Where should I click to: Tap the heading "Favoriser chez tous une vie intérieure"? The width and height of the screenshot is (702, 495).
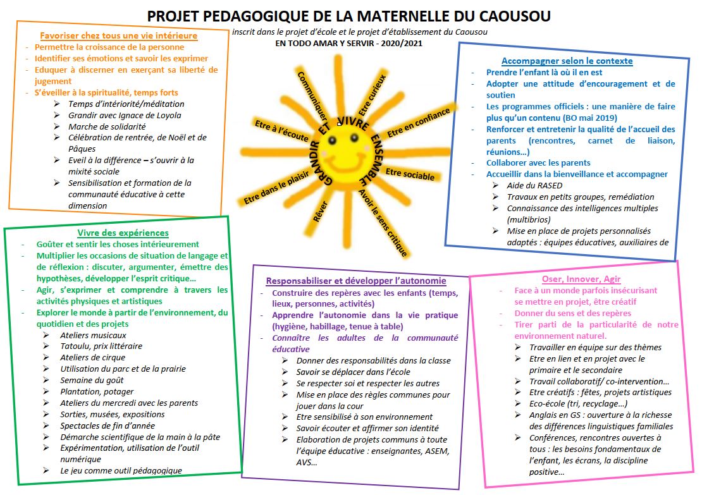pos(119,36)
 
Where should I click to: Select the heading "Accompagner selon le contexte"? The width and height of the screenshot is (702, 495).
pos(567,61)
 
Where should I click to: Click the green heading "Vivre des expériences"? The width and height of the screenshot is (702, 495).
pos(123,233)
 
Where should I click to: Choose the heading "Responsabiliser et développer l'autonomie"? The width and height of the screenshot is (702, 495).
pos(356,281)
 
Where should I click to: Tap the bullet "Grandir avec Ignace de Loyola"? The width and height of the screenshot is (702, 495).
pos(125,115)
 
